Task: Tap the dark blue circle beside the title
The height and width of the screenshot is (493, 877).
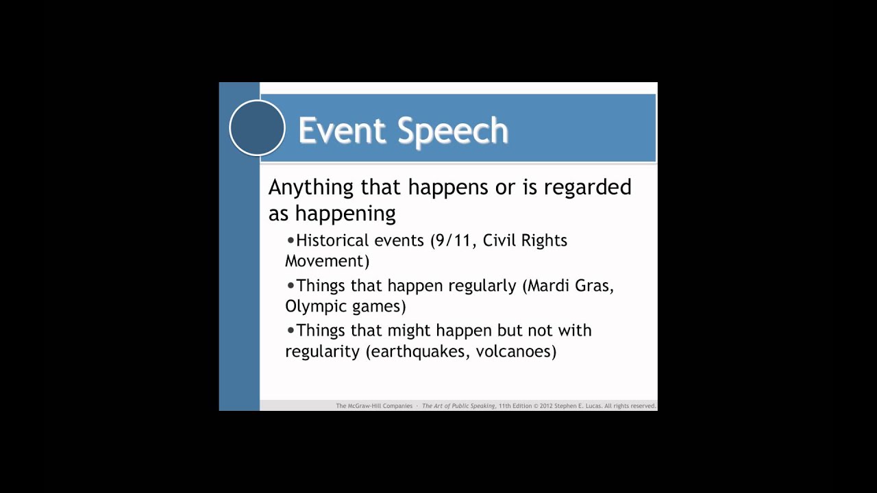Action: (x=257, y=128)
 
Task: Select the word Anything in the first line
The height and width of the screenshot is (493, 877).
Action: (x=310, y=188)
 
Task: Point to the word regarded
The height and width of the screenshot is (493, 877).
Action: (x=587, y=188)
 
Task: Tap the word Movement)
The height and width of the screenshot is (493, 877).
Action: (x=327, y=261)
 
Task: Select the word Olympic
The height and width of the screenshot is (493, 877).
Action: (x=315, y=306)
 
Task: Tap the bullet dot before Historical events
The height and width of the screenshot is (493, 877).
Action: (x=291, y=240)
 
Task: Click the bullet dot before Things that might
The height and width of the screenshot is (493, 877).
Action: (x=291, y=330)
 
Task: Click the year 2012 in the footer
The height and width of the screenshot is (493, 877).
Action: (x=549, y=406)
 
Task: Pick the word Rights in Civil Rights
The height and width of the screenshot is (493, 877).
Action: (x=544, y=241)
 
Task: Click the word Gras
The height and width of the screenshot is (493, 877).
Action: (x=595, y=286)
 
